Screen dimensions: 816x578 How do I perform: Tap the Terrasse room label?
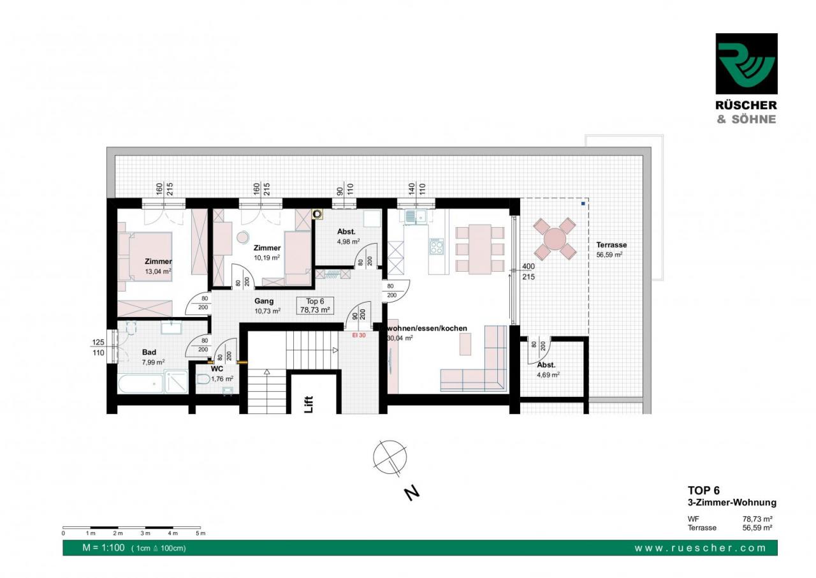[x=611, y=245]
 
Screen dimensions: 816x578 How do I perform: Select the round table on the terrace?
[x=555, y=239]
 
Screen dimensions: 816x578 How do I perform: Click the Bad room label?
[x=149, y=352]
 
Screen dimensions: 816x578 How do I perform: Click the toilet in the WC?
[x=203, y=380]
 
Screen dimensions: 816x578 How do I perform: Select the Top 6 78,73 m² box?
[x=315, y=306]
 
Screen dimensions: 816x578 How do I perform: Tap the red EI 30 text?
[x=359, y=336]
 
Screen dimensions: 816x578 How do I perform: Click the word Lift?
[x=309, y=404]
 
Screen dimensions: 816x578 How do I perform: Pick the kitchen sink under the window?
[x=415, y=216]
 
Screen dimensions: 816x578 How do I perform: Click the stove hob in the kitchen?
[x=437, y=246]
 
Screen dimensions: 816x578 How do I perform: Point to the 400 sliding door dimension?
[x=528, y=267]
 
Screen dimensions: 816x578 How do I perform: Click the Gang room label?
[x=264, y=301]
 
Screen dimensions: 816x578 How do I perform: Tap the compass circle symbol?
[x=390, y=457]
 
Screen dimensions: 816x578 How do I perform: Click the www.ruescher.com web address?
[x=700, y=548]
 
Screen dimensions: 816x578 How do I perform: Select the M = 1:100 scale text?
[x=103, y=547]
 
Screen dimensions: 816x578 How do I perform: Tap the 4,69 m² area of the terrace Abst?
[x=548, y=374]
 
